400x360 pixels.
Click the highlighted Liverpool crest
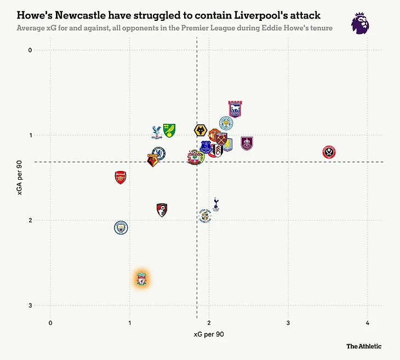click(141, 279)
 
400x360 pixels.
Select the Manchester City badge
click(121, 227)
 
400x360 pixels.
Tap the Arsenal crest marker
click(121, 177)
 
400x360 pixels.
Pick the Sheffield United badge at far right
click(329, 152)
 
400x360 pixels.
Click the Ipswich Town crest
click(235, 109)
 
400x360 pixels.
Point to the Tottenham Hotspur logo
click(216, 204)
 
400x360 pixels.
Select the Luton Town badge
click(204, 216)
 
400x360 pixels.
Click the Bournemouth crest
click(162, 210)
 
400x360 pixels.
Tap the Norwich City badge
click(169, 130)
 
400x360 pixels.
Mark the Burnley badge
click(247, 144)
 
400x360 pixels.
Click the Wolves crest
click(200, 130)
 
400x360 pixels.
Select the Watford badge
click(153, 160)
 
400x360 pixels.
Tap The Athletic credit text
click(363, 346)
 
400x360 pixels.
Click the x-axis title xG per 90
click(209, 334)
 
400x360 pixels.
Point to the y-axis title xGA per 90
click(20, 178)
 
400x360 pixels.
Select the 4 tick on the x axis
click(367, 323)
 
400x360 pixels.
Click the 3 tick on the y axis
click(31, 306)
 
